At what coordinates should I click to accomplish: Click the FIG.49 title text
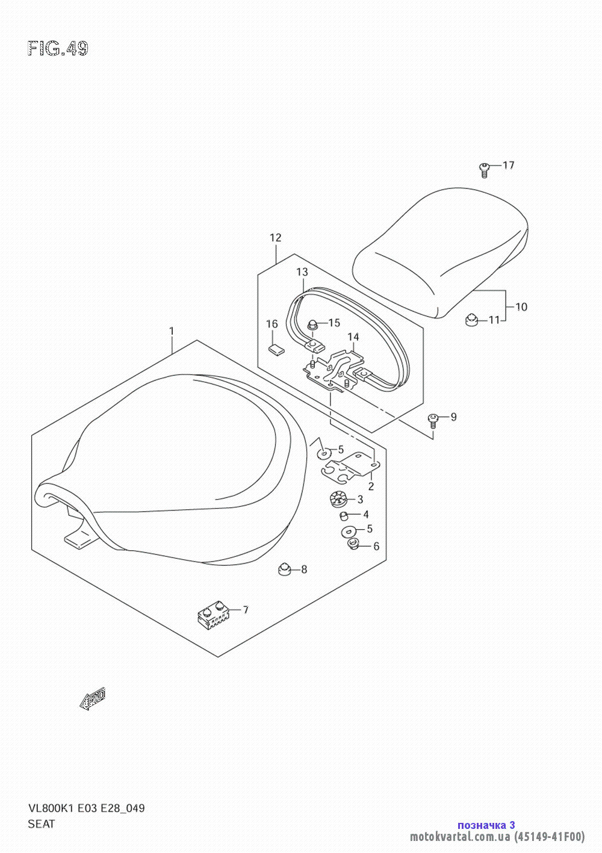coord(58,49)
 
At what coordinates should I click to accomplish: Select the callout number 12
coord(275,238)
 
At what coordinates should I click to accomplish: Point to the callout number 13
coord(302,272)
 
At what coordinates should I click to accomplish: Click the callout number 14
coord(353,337)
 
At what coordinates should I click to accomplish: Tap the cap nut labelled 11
coord(471,320)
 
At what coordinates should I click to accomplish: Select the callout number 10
coord(521,307)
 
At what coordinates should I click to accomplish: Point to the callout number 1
coord(172,331)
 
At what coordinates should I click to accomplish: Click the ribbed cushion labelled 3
coord(338,499)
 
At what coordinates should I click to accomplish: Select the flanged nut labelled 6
coord(353,545)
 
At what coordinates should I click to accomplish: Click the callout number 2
coord(371,486)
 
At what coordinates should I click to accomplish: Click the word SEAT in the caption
coord(42,824)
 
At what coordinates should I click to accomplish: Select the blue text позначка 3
coord(486,825)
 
